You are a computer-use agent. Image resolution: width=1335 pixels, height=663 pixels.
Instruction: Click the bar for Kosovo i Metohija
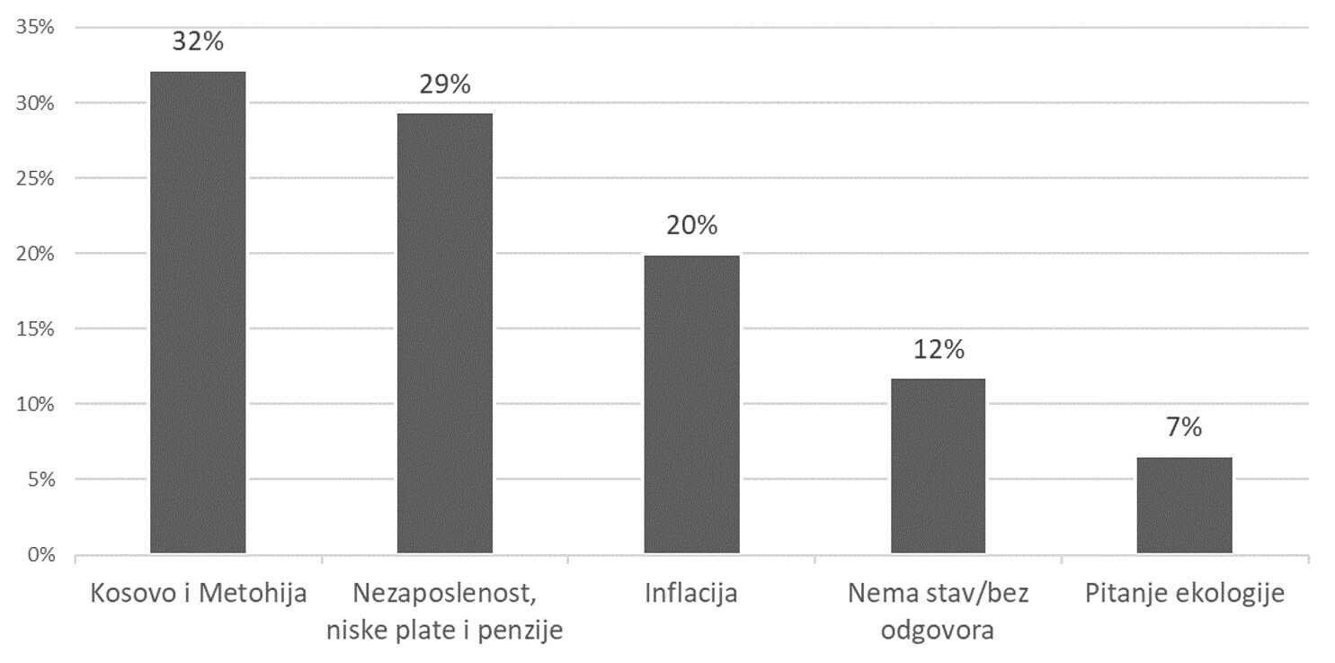tap(198, 312)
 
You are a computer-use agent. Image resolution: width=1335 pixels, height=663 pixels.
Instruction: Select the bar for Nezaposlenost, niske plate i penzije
tap(445, 333)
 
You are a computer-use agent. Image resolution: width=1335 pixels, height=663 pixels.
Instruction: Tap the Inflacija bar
tap(691, 404)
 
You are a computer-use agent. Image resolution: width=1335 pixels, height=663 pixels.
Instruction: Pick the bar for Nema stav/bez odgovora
tap(938, 465)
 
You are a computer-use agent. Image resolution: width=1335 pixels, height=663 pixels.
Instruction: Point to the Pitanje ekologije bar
tap(1184, 505)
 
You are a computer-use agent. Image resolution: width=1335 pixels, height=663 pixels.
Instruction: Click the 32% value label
tap(198, 41)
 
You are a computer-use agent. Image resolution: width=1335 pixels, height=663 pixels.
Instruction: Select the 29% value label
tap(445, 85)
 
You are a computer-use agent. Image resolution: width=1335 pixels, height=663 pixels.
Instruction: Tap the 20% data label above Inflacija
tap(691, 225)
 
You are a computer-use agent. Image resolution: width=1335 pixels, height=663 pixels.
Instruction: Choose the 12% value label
tap(938, 349)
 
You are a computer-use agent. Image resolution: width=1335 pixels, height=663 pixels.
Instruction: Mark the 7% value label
tap(1184, 428)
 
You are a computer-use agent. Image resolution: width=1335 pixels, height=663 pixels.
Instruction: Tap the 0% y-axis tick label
tap(40, 555)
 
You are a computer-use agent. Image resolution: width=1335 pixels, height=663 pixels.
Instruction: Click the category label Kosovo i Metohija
tap(198, 595)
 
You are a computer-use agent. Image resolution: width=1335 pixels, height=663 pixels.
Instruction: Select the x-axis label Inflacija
tap(691, 595)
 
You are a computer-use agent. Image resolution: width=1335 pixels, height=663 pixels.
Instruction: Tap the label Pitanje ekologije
tap(1184, 595)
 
